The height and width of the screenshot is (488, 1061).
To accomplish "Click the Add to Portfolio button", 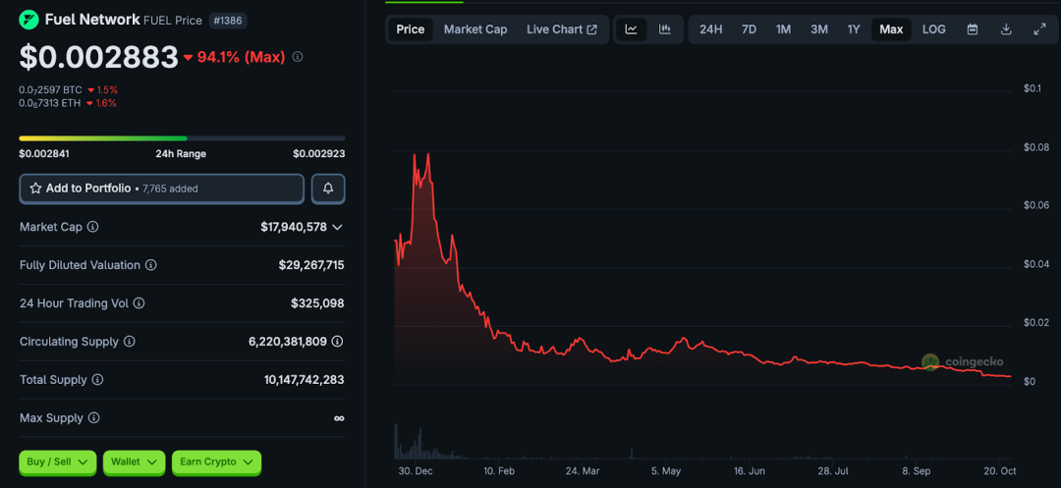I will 161,189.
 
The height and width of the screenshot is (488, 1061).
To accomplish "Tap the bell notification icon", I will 328,189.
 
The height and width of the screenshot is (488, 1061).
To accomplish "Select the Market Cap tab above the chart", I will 475,29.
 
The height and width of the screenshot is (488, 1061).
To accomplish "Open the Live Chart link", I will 561,29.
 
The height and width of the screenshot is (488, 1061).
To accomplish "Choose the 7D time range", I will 749,29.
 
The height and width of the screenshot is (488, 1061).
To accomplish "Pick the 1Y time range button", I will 854,29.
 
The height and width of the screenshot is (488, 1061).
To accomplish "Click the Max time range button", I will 891,29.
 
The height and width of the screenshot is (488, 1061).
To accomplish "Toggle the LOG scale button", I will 934,29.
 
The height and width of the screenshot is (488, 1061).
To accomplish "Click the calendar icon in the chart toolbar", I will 973,29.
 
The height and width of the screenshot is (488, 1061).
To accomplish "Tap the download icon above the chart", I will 1006,29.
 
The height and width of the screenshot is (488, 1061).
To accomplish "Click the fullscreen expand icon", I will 1039,29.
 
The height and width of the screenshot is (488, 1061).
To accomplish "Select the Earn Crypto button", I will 216,461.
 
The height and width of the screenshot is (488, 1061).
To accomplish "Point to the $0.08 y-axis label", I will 1035,147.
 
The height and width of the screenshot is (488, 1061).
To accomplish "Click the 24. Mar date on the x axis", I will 584,471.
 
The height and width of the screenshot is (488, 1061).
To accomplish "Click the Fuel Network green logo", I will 29,20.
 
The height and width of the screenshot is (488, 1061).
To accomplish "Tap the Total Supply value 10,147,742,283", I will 304,380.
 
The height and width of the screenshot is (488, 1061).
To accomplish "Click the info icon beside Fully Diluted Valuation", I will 151,265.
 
